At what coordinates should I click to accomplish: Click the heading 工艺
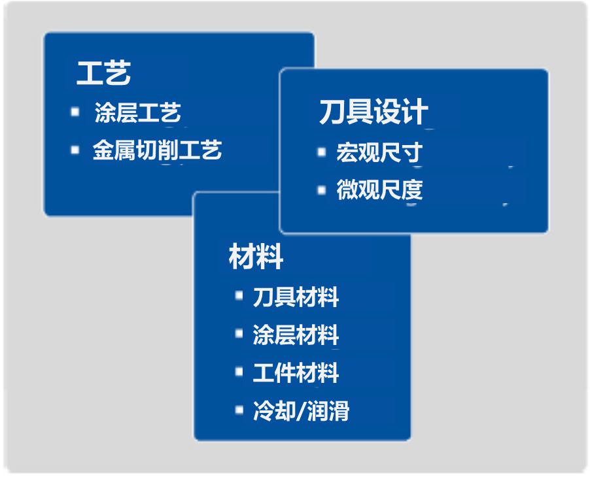click(x=103, y=73)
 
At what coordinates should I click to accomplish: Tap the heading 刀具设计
click(x=373, y=112)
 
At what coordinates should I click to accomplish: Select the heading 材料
click(x=256, y=256)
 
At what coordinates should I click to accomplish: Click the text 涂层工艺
click(x=138, y=112)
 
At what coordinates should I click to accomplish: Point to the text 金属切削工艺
click(x=157, y=150)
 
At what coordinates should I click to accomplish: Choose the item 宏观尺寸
click(x=379, y=152)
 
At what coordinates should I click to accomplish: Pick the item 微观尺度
click(x=379, y=189)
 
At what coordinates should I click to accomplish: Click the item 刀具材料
click(x=296, y=297)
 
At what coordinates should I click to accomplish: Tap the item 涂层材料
click(x=296, y=335)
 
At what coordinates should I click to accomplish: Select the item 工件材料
click(x=296, y=372)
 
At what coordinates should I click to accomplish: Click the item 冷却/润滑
click(x=301, y=410)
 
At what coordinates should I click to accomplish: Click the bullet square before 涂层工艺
click(x=75, y=112)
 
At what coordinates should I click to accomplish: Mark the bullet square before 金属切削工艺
click(x=75, y=150)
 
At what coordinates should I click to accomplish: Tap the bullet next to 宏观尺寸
click(x=322, y=152)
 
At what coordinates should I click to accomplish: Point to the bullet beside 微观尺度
click(x=322, y=190)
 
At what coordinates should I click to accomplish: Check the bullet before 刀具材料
click(x=239, y=295)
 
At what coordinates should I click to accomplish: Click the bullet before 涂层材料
click(x=239, y=333)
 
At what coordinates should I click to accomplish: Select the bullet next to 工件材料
click(x=239, y=372)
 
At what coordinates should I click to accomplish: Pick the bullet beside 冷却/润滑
click(x=239, y=409)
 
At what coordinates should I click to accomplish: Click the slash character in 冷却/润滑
click(x=302, y=410)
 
